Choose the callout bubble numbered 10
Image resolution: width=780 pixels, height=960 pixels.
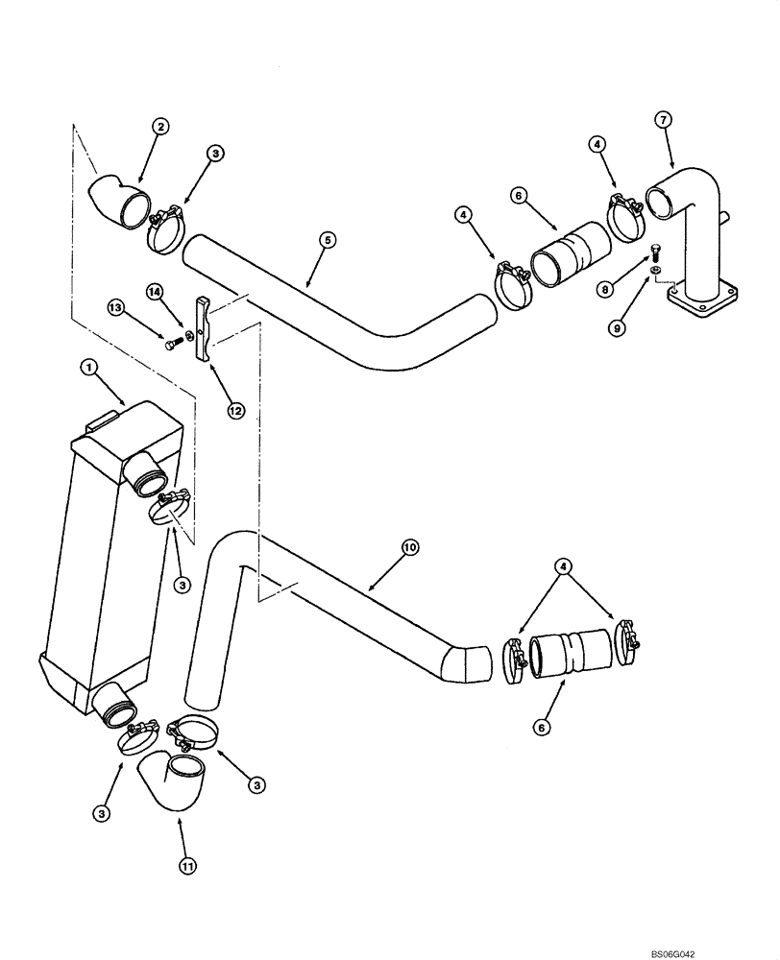pyautogui.click(x=409, y=547)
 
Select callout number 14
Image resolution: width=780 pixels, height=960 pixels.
pyautogui.click(x=154, y=291)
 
